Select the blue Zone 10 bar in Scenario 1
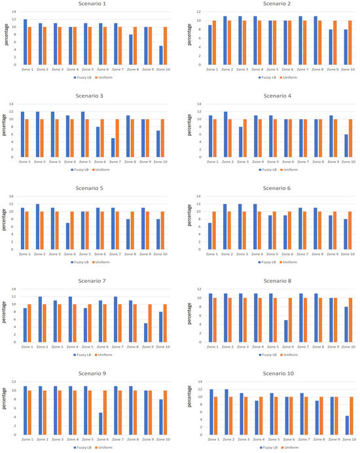point(160,56)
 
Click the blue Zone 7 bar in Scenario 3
point(113,148)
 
